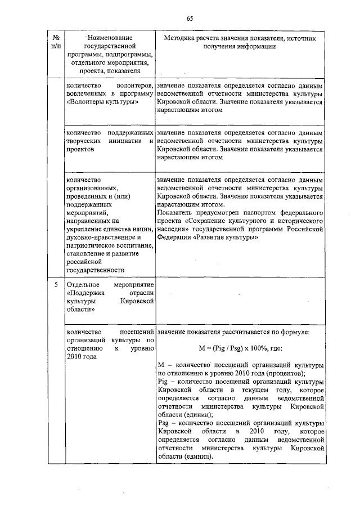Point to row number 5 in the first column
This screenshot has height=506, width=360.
56,285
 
